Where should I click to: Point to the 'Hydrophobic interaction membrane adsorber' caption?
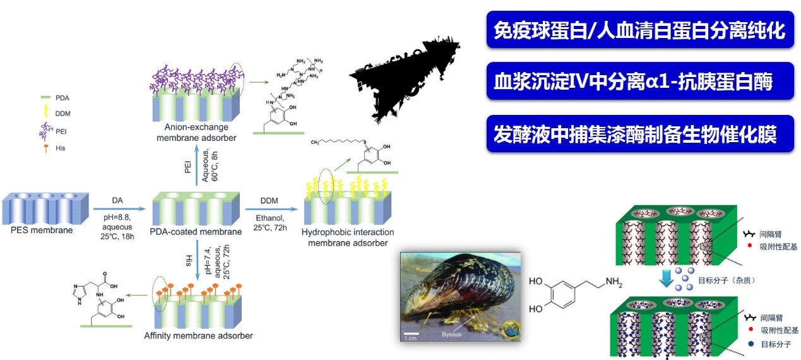(343, 237)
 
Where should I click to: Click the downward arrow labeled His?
(197, 258)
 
